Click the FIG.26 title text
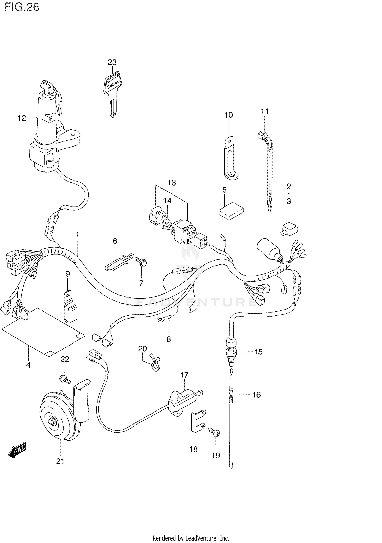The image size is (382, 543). pyautogui.click(x=22, y=7)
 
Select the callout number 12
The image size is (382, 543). pyautogui.click(x=22, y=118)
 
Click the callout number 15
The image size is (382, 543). pyautogui.click(x=258, y=352)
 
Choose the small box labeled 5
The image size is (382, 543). pyautogui.click(x=231, y=211)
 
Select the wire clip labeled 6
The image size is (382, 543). pyautogui.click(x=118, y=261)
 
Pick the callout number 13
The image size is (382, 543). pyautogui.click(x=172, y=183)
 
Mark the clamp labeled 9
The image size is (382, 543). pyautogui.click(x=70, y=307)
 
